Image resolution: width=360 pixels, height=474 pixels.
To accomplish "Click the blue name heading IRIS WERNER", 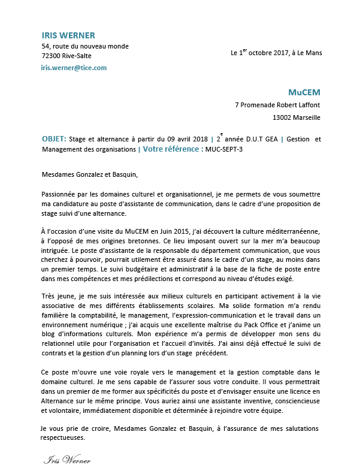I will click(x=68, y=35).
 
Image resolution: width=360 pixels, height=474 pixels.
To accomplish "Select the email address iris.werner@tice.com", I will click(x=74, y=68).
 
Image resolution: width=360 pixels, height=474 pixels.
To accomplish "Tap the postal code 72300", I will click(x=52, y=56).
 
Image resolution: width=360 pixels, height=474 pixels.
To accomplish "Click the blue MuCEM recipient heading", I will click(x=304, y=93).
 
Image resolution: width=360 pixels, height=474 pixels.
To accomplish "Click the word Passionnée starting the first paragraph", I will click(x=61, y=194).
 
